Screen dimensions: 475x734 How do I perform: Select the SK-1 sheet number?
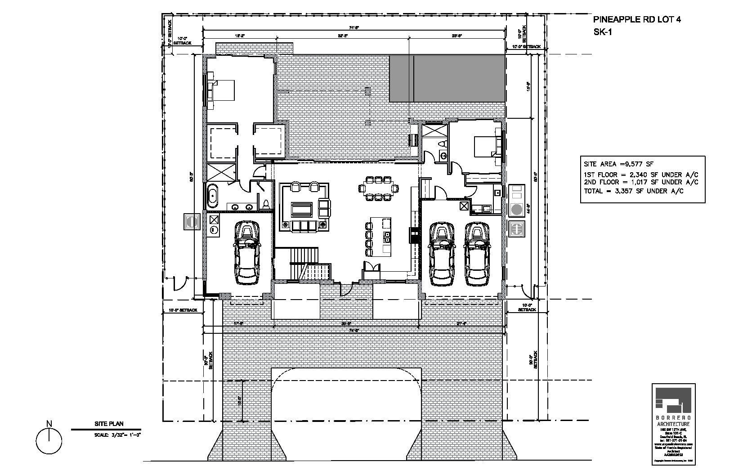[x=603, y=31]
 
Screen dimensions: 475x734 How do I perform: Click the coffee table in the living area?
[x=302, y=209]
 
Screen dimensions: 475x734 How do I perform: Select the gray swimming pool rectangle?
[x=447, y=79]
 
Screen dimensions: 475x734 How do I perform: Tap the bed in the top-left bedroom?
[x=224, y=90]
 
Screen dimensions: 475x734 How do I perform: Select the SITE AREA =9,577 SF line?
[x=618, y=165]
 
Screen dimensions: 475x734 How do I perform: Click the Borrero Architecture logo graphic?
[x=673, y=401]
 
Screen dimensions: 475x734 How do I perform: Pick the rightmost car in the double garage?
[x=477, y=254]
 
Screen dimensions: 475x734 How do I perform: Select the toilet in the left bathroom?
[x=266, y=204]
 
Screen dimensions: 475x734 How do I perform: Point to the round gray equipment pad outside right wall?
[x=516, y=209]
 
